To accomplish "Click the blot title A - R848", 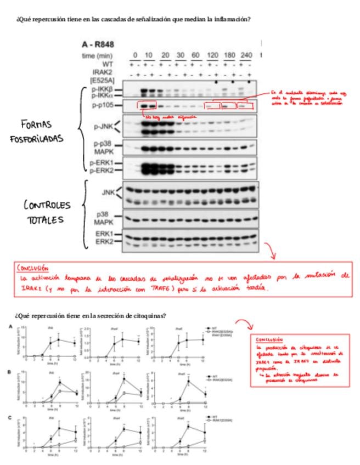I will (97, 44).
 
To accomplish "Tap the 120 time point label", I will (210, 55).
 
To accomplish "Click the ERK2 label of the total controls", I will (105, 241).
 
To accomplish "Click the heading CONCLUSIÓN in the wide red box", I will (33, 269).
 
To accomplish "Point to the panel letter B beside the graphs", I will (9, 372).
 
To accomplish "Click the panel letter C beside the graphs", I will (9, 417).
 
